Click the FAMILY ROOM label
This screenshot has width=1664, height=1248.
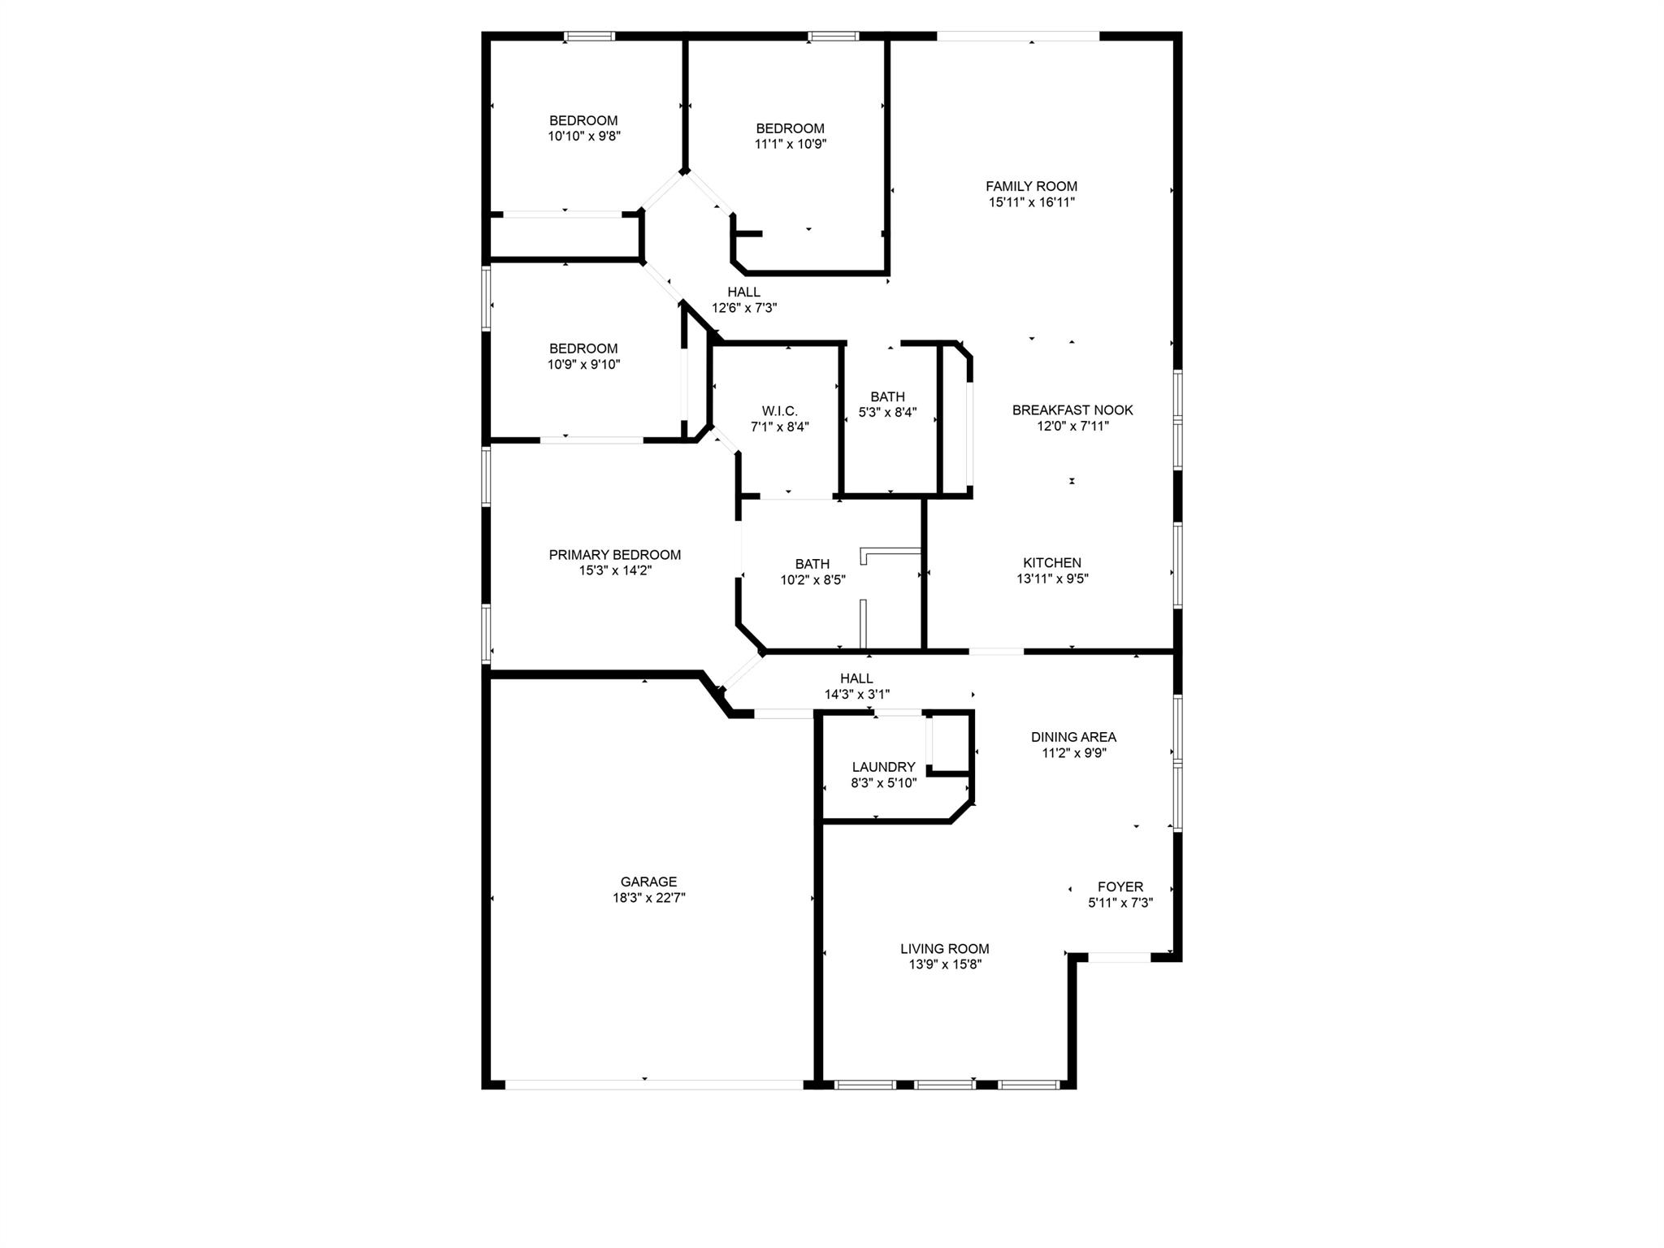1031,186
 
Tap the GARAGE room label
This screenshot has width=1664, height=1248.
648,882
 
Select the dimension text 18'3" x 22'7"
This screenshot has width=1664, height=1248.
648,898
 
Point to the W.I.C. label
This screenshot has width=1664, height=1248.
779,411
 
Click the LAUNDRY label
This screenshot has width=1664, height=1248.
883,767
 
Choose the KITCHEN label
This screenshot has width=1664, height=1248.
1051,562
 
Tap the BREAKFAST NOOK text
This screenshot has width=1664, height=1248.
1072,410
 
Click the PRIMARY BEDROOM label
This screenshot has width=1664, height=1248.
614,555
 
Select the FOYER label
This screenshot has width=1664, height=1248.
1120,886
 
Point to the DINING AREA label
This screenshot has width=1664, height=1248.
1073,737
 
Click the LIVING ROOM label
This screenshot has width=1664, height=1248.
944,948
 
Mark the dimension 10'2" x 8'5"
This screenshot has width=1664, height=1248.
812,580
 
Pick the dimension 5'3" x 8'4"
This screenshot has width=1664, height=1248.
887,413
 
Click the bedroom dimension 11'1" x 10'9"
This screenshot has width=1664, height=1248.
790,144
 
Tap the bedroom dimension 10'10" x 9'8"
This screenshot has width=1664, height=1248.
584,136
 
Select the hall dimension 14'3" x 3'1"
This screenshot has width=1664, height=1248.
856,695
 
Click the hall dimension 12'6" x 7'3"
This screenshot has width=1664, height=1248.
744,308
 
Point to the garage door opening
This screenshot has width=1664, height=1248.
654,1084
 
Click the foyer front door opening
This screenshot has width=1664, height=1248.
1119,957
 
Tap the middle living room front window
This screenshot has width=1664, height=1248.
944,1084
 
